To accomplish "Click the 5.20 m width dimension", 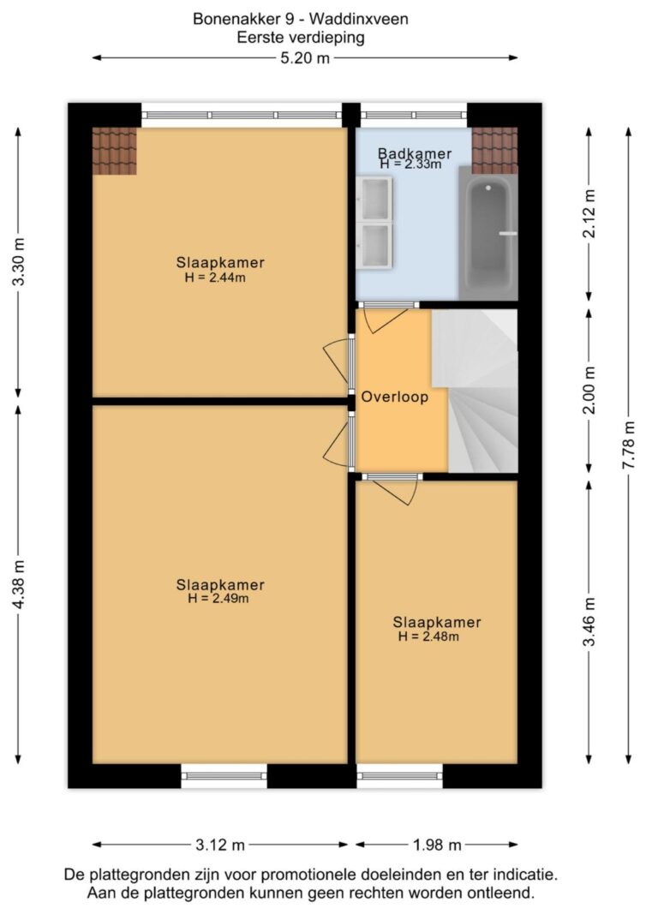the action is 305,58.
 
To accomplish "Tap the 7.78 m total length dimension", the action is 629,445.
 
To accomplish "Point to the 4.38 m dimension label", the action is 19,584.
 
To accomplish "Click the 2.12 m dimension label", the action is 589,214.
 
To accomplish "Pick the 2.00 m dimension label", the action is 589,390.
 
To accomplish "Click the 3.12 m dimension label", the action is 220,845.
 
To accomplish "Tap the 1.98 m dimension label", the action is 437,845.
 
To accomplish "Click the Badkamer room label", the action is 415,154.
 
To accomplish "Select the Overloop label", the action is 395,397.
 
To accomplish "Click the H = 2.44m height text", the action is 215,278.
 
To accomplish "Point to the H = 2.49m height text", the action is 218,599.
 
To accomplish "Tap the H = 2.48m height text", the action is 428,636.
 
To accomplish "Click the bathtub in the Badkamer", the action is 488,233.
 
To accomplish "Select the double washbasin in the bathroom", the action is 374,223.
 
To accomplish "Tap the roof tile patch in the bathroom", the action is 494,151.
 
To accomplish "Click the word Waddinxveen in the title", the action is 359,19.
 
